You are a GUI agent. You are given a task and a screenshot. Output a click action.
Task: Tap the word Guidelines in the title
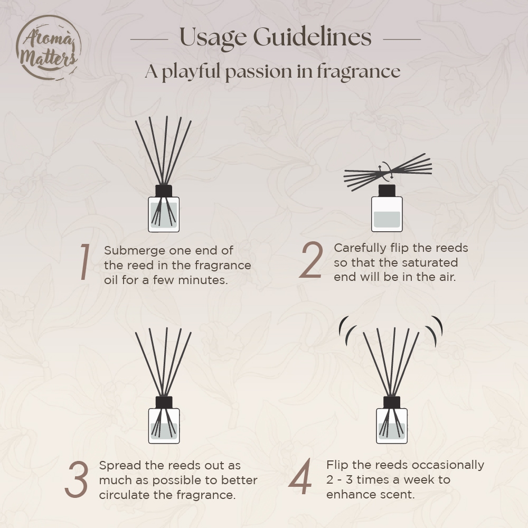point(312,36)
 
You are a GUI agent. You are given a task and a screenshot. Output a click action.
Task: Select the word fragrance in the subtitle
point(359,72)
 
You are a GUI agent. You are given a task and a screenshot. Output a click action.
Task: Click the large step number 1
point(84,262)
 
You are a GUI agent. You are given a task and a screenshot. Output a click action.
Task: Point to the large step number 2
point(311,260)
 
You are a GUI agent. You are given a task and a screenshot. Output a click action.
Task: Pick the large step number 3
point(77,479)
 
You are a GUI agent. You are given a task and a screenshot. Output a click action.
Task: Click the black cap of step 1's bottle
point(164,191)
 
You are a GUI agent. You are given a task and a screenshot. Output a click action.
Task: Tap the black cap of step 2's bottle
point(387,191)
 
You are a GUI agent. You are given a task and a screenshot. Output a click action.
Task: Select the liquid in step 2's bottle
point(387,219)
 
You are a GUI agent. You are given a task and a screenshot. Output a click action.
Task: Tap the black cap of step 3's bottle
point(164,402)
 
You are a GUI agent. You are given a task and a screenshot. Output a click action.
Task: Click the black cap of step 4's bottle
point(392,402)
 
